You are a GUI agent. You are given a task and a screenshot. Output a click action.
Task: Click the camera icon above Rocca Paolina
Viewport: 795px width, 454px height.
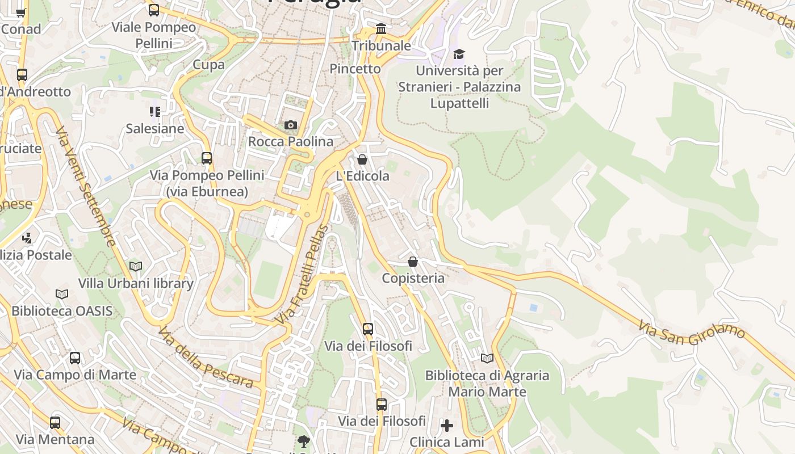(x=290, y=125)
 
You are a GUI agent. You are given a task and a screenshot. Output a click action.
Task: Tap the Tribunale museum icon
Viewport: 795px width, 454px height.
(x=381, y=28)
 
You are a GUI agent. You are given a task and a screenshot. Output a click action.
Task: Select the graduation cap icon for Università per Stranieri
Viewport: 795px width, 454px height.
(x=459, y=54)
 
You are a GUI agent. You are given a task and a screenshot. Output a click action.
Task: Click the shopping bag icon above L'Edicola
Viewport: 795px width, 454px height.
(x=362, y=159)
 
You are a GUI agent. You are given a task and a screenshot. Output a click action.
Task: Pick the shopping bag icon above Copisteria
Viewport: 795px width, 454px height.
(x=413, y=262)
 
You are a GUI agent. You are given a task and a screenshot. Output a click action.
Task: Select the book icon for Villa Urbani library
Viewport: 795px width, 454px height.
(x=136, y=266)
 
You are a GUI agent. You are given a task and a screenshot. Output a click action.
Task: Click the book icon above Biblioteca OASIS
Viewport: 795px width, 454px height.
(x=62, y=294)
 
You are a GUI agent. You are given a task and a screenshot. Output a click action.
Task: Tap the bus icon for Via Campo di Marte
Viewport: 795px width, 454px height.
(x=75, y=358)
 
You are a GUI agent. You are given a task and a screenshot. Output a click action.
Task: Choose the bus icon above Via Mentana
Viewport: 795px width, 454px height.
(x=55, y=423)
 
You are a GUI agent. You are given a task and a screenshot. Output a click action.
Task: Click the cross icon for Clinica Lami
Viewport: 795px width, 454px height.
(x=447, y=425)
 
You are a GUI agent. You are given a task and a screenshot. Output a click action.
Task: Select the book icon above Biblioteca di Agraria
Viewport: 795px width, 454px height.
(x=487, y=358)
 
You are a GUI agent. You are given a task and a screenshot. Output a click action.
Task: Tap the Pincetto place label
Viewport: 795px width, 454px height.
(x=355, y=69)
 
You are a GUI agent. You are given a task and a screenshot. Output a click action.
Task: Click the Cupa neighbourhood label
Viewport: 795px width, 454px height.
(x=209, y=65)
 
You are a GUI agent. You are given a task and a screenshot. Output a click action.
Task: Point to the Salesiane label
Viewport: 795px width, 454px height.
(x=155, y=128)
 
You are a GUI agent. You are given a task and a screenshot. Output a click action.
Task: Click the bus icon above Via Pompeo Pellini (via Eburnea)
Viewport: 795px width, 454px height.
(x=207, y=158)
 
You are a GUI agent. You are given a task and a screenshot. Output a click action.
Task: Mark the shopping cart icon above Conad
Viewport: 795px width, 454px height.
(x=21, y=12)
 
